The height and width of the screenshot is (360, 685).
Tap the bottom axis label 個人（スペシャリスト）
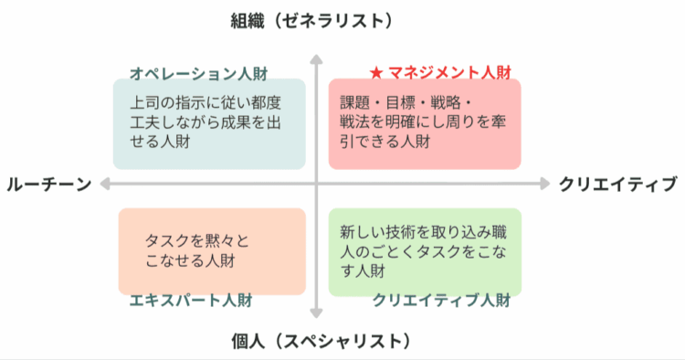[x=315, y=342]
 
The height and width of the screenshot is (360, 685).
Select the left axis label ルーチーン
[x=48, y=185]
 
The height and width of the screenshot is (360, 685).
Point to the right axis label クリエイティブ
[x=618, y=185]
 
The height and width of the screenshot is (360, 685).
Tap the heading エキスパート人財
[x=191, y=300]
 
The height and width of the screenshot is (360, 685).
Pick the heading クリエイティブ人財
[x=441, y=300]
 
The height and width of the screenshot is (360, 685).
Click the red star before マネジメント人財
[x=375, y=72]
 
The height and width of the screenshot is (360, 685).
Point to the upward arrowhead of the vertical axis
[x=315, y=61]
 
